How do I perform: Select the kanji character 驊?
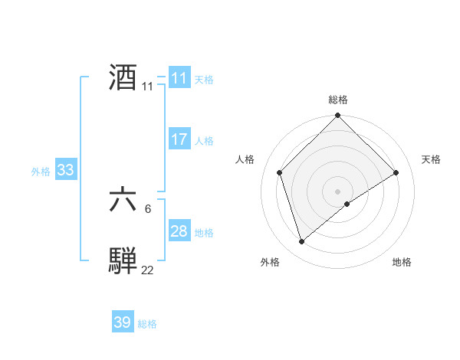click(x=123, y=259)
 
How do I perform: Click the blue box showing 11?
click(x=179, y=78)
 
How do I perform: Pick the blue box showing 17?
click(x=179, y=139)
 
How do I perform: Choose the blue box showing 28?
click(x=179, y=231)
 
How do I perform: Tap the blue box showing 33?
click(x=65, y=170)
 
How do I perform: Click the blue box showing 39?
click(x=123, y=322)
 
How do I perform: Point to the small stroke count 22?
click(x=147, y=270)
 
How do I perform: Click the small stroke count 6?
click(x=147, y=208)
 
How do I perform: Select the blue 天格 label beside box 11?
click(x=204, y=80)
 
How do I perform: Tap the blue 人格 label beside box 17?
click(x=204, y=141)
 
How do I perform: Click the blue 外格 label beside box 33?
click(x=41, y=172)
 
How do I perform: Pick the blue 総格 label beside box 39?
click(x=147, y=324)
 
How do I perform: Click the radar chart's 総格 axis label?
click(x=338, y=100)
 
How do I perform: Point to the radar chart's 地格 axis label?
click(x=402, y=263)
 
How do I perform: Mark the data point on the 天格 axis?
click(x=396, y=172)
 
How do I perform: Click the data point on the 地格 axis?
click(x=347, y=204)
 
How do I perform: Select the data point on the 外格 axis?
click(x=302, y=242)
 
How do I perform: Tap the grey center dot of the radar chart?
click(x=338, y=191)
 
